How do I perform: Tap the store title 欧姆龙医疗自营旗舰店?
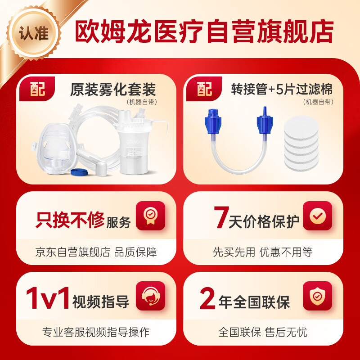coord(204,31)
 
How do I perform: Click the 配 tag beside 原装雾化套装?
coord(38,89)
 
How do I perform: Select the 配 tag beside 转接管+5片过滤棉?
coord(205,89)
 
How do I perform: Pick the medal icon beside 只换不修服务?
coord(150,216)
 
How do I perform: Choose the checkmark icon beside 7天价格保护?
coord(317,216)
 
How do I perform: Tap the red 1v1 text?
coord(47,299)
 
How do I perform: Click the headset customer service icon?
coord(150,296)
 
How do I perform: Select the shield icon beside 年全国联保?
coord(317,296)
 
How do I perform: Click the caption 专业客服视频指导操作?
coord(96,333)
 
